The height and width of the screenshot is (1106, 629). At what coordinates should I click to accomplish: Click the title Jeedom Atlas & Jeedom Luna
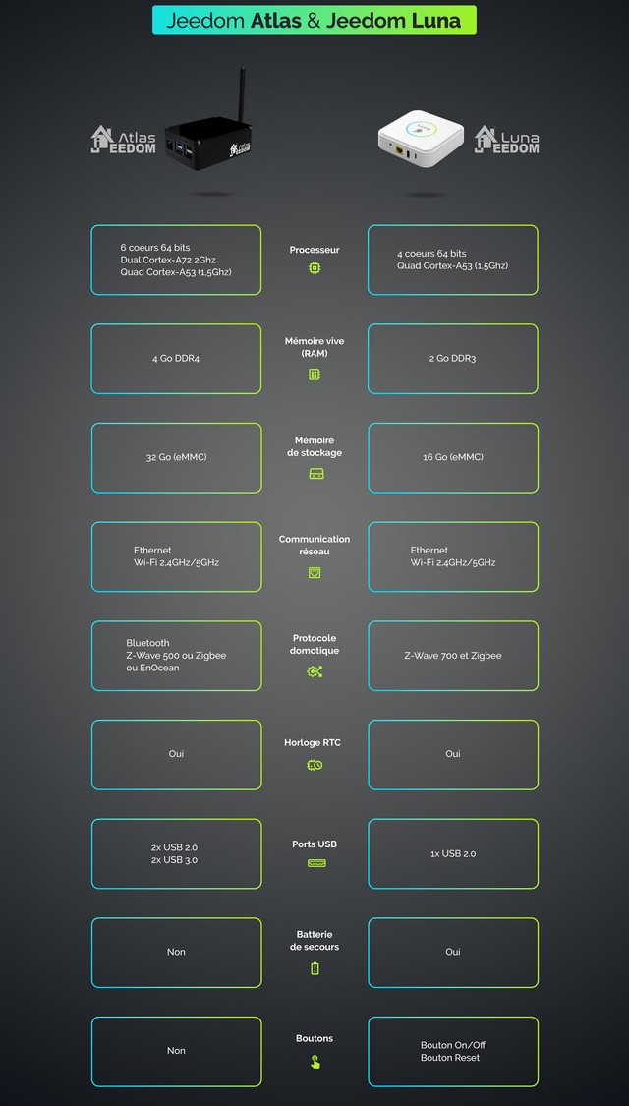click(x=314, y=20)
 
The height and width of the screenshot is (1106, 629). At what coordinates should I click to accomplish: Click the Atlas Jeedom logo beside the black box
click(x=124, y=140)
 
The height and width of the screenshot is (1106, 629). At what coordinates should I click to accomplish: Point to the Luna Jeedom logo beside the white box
click(x=507, y=140)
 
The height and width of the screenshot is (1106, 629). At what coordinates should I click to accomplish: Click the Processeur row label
click(x=314, y=250)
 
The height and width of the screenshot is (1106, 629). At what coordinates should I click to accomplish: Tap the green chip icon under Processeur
click(x=314, y=267)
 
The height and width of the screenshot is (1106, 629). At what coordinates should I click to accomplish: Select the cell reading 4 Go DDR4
click(x=176, y=359)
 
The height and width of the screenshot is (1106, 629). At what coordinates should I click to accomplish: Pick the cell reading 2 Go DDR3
click(x=452, y=359)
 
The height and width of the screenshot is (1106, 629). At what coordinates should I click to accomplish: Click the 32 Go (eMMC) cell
click(x=176, y=457)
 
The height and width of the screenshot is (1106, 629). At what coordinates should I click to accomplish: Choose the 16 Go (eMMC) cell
click(x=452, y=457)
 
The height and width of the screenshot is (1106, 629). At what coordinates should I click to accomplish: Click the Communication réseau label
click(x=314, y=546)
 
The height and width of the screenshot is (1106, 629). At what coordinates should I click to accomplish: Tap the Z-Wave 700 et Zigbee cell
click(x=452, y=656)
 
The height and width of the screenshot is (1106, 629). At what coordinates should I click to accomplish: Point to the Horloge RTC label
click(x=314, y=743)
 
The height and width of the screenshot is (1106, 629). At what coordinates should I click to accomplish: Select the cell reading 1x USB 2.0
click(x=452, y=854)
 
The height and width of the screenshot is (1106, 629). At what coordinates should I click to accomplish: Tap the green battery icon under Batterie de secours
click(x=314, y=968)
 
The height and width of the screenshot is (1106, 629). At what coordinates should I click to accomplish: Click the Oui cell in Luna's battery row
click(x=452, y=952)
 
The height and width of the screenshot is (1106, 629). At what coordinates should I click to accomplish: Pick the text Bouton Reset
click(x=450, y=1058)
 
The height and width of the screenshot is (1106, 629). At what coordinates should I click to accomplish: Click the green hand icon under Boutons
click(x=314, y=1062)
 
